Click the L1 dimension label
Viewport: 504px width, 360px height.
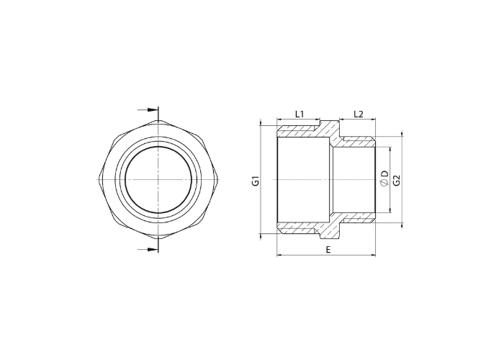(x=300, y=114)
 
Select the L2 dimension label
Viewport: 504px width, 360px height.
(x=358, y=114)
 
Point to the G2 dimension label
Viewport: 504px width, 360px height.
(x=397, y=180)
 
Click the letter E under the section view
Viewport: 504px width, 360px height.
(x=328, y=250)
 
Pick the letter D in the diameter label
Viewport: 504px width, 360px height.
(x=384, y=174)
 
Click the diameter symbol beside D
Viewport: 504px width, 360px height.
(x=384, y=183)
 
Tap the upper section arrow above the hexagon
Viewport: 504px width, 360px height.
(x=148, y=110)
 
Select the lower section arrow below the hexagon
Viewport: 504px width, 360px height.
(x=148, y=249)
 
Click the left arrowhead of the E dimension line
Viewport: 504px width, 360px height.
(x=279, y=255)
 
